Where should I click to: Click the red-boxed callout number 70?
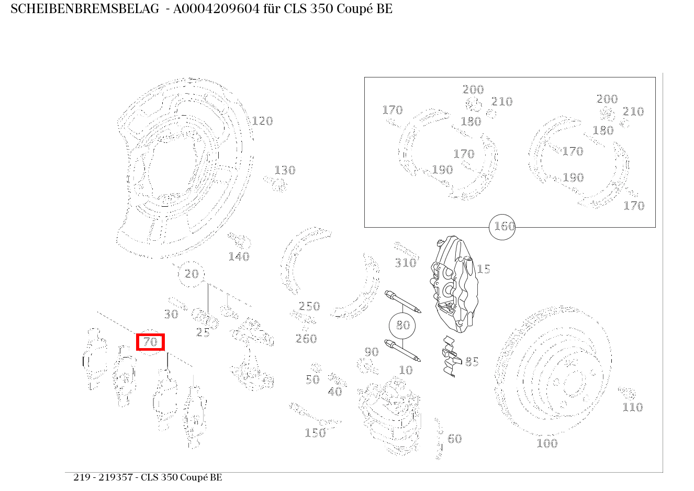[x=150, y=342]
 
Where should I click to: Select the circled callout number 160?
[x=502, y=227]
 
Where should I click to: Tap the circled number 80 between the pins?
[x=402, y=325]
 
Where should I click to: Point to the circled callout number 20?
[x=191, y=274]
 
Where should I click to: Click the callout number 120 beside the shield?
[x=262, y=121]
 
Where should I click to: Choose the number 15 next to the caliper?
[x=483, y=269]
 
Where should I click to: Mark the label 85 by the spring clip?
[x=472, y=362]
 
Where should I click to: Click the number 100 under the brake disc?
[x=547, y=443]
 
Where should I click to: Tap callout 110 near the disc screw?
[x=633, y=407]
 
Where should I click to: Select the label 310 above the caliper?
[x=405, y=263]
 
